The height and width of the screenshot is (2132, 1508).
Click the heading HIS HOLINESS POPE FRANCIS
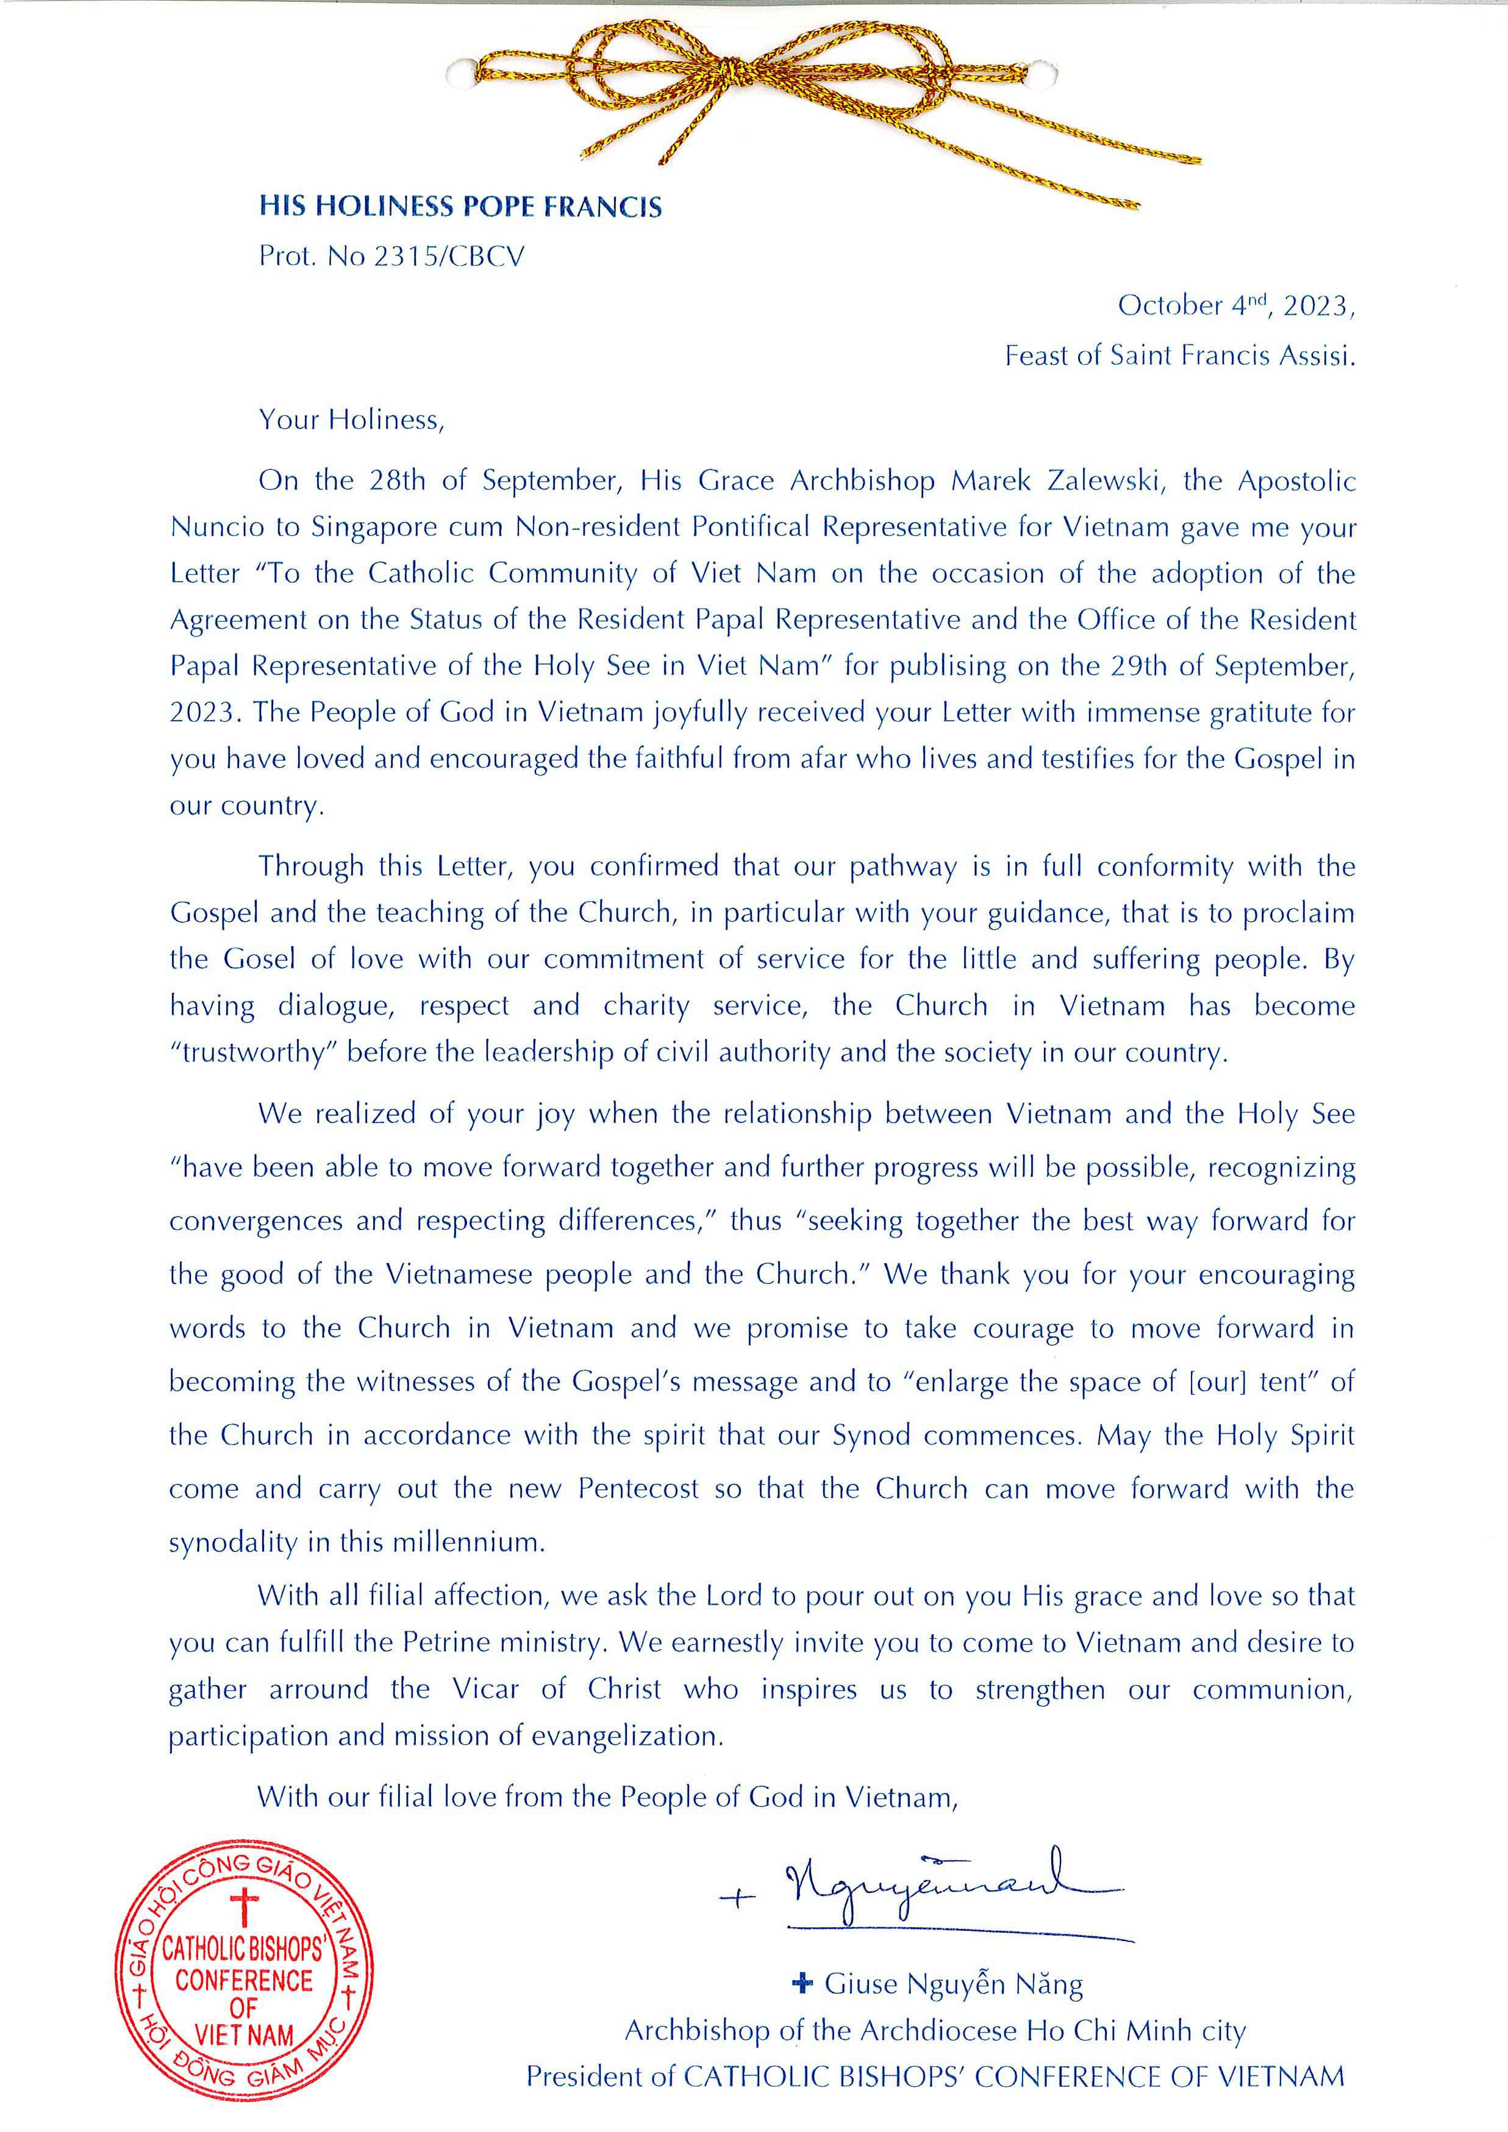(x=460, y=206)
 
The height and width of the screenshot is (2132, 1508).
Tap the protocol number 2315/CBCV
(x=449, y=256)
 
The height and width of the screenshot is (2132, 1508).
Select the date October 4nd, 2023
(x=1235, y=305)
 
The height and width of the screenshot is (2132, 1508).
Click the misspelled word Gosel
(x=260, y=959)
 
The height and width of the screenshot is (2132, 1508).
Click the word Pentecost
(x=638, y=1489)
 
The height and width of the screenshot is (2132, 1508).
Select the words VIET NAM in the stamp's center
(x=243, y=2036)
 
